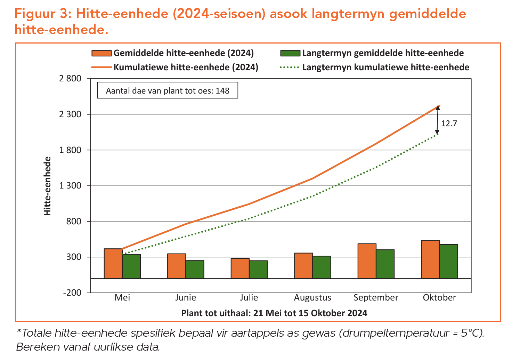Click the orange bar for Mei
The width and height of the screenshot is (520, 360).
pyautogui.click(x=113, y=264)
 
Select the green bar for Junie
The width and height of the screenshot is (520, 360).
pyautogui.click(x=195, y=270)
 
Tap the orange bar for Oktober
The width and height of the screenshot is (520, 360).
pyautogui.click(x=430, y=259)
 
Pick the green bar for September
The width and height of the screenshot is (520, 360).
pyautogui.click(x=385, y=264)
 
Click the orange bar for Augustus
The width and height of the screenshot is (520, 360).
pyautogui.click(x=303, y=266)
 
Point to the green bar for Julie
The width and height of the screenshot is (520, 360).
pyautogui.click(x=258, y=270)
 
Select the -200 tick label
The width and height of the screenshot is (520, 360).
pyautogui.click(x=72, y=293)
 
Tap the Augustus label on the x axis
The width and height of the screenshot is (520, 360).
pyautogui.click(x=312, y=298)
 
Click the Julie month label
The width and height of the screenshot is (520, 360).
pyautogui.click(x=249, y=298)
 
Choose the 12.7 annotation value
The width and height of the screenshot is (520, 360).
pyautogui.click(x=449, y=123)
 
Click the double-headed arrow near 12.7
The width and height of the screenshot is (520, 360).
pyautogui.click(x=437, y=120)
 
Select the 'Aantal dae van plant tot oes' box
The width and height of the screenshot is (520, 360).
pyautogui.click(x=168, y=91)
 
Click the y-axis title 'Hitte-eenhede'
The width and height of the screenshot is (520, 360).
pyautogui.click(x=48, y=186)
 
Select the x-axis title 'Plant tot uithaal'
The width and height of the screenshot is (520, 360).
pyautogui.click(x=274, y=313)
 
